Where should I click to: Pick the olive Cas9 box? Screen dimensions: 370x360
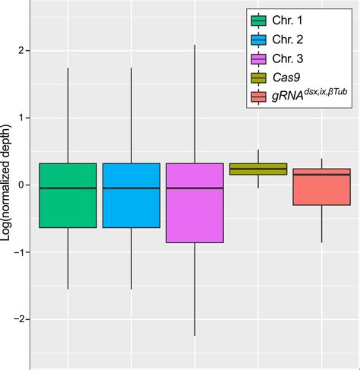258,169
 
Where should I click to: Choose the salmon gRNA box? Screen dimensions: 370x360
321,187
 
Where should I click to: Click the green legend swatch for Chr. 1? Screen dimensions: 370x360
258,21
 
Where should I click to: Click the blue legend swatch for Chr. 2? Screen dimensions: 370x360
258,40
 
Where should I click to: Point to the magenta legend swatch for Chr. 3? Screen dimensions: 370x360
258,59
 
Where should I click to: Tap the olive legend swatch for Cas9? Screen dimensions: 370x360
258,77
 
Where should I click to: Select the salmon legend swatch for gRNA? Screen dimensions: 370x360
258,96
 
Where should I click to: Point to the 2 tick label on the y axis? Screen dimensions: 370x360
21,51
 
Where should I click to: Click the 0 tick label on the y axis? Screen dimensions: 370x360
21,185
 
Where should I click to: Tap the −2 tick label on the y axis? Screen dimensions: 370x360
18,320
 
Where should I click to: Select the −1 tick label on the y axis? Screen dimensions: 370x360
18,253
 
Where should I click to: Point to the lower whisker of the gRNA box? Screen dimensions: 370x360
321,223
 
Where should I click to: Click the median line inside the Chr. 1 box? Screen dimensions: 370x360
68,188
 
